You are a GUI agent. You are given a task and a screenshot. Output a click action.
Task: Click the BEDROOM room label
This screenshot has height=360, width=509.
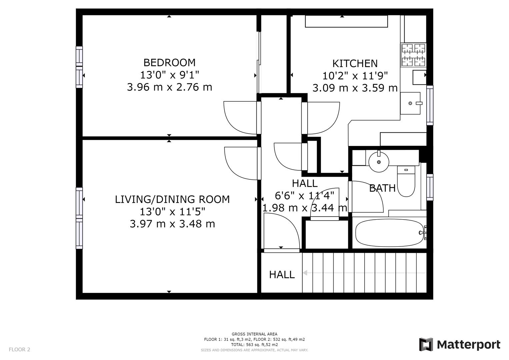pos(169,62)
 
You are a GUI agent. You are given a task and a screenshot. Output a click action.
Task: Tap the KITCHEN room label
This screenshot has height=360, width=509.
pos(355,63)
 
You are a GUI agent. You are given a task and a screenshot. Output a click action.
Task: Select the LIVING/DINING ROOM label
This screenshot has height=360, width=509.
pos(172,199)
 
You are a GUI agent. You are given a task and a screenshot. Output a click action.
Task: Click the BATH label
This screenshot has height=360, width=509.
pos(382,188)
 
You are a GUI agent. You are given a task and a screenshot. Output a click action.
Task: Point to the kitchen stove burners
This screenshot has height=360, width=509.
pos(413,55)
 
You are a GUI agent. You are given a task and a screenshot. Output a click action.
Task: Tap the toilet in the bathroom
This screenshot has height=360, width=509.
pos(406,182)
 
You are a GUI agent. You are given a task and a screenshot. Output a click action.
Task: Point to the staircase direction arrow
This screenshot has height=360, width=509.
pos(305,273)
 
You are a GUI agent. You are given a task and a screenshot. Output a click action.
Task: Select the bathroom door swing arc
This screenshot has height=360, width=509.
pos(367,197)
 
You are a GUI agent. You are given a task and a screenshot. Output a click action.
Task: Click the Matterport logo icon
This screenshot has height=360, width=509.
pos(426,344)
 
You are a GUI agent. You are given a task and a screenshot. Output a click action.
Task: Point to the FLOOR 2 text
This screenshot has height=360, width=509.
pos(19,349)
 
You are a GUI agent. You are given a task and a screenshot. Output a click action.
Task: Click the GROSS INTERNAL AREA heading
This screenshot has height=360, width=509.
pos(254,334)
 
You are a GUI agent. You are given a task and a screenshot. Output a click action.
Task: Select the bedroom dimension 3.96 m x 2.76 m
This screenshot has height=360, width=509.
pos(169,87)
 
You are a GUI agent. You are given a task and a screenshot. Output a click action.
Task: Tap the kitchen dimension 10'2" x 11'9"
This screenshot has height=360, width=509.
pos(355,76)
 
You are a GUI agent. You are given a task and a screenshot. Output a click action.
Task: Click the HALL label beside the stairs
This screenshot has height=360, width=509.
pos(282,275)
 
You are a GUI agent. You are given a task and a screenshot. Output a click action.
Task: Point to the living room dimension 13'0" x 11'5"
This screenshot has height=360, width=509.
pos(172,211)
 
